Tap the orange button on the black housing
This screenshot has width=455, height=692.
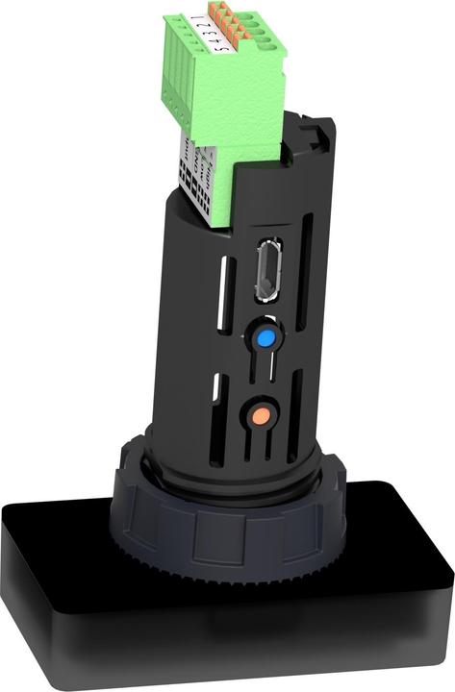click(x=258, y=416)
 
